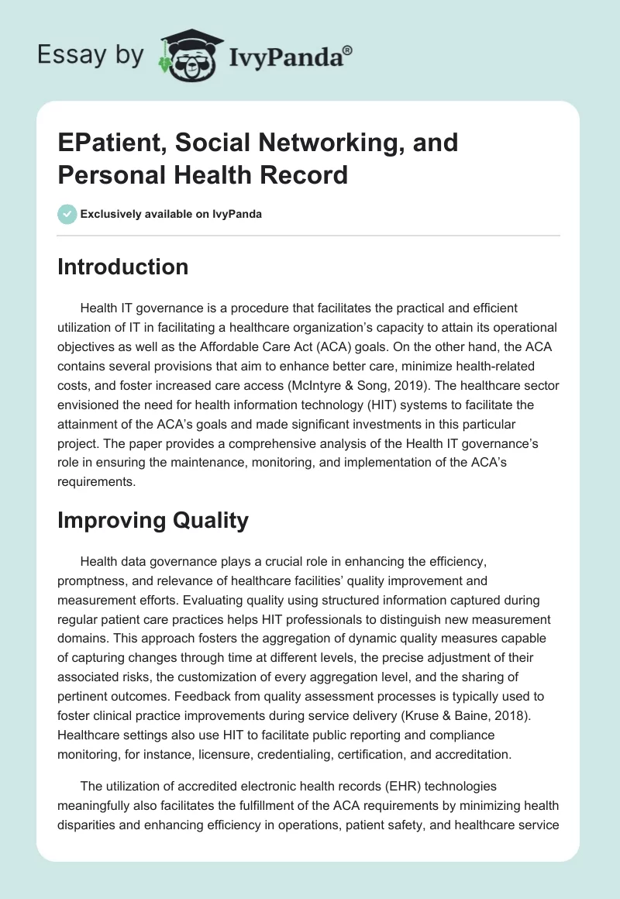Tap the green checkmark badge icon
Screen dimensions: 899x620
coord(67,214)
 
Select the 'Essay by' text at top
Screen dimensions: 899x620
coord(91,55)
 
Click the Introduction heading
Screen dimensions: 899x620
coord(123,267)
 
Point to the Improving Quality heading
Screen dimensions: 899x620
coord(153,520)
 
